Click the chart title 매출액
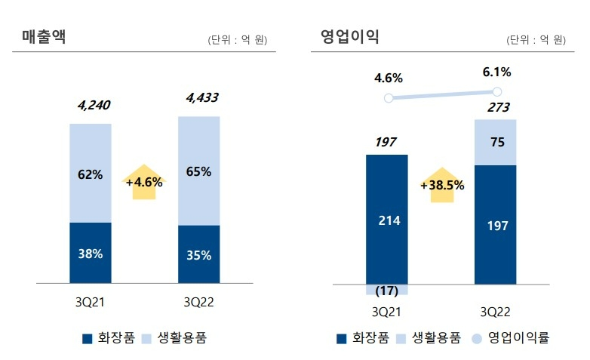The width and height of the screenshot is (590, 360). tap(44, 36)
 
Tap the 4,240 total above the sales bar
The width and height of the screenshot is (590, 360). tap(94, 105)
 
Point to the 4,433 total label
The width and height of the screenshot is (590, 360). tap(201, 97)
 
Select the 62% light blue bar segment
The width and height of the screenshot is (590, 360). tap(91, 174)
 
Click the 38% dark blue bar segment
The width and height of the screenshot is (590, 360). tap(91, 254)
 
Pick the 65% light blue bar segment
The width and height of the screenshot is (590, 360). tap(198, 171)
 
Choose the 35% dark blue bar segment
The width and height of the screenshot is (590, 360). tap(198, 255)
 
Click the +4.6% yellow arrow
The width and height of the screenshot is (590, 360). tap(143, 182)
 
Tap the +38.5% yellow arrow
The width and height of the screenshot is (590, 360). tap(442, 185)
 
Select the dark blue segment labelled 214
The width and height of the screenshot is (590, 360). tap(389, 220)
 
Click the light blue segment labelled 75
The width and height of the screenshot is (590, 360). tap(495, 142)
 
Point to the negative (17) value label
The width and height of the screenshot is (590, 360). tap(386, 291)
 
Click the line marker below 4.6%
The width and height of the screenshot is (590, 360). tap(388, 98)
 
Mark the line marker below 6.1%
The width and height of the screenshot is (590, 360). tap(496, 91)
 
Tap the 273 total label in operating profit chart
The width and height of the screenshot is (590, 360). tap(496, 108)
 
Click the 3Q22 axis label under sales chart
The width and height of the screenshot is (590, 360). tap(199, 302)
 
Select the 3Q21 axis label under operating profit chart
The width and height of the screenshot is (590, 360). tap(386, 311)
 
